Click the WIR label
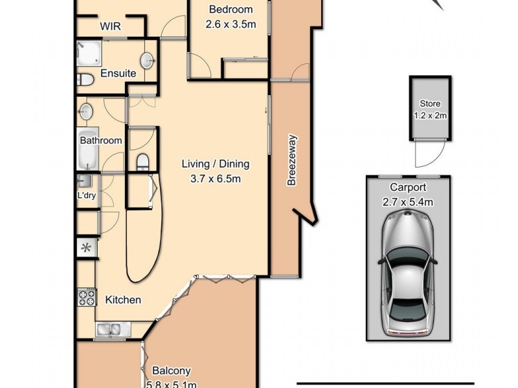click(x=112, y=27)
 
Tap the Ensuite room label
click(x=118, y=74)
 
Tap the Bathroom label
click(x=100, y=140)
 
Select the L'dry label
click(x=87, y=195)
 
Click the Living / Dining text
click(x=215, y=164)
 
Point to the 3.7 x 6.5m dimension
click(x=215, y=178)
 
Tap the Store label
click(x=430, y=103)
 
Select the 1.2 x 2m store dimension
click(x=430, y=116)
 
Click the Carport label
click(x=407, y=188)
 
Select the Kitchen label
click(x=123, y=300)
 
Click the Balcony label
click(x=171, y=371)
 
